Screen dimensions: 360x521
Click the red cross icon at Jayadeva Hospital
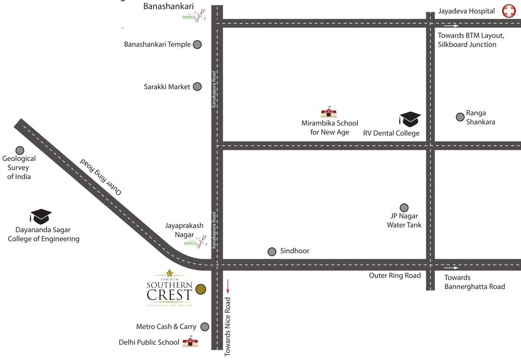(x=509, y=11)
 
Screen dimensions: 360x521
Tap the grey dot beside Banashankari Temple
(x=197, y=45)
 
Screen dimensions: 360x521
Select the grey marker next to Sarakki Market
(x=197, y=87)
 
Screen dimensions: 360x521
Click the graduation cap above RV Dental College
(x=410, y=119)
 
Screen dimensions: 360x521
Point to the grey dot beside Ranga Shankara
(x=460, y=117)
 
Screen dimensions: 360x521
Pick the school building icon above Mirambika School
(x=329, y=112)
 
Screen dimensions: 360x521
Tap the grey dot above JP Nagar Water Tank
(x=404, y=208)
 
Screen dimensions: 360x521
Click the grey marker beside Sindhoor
(x=272, y=252)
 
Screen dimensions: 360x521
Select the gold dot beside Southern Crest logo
(x=200, y=290)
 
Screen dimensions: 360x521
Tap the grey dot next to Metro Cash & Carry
(x=204, y=327)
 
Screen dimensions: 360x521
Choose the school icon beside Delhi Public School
(x=190, y=342)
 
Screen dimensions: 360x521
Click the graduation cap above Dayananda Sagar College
(x=41, y=217)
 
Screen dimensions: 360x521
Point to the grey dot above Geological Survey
(x=20, y=150)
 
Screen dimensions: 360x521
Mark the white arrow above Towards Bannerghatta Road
(x=452, y=268)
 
